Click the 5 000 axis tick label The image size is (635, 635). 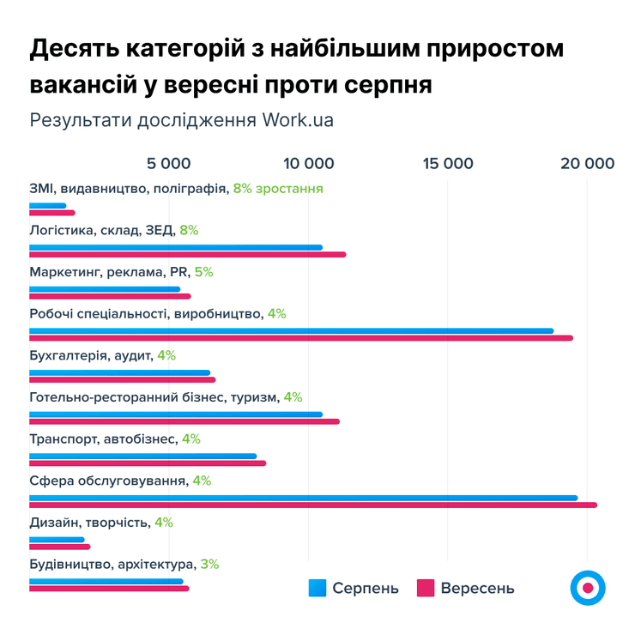coord(168,163)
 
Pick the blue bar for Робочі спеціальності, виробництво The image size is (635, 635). coord(291,330)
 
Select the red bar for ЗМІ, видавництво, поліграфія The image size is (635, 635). coord(51,213)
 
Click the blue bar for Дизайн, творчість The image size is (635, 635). coord(57,540)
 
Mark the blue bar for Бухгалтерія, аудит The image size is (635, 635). coord(119,372)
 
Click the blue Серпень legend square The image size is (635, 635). coord(317,588)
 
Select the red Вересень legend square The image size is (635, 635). coord(426,588)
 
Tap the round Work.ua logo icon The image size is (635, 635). coord(588,587)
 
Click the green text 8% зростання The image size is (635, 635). coord(277,188)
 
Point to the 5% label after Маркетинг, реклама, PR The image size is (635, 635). coord(203,272)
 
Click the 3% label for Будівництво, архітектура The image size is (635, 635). coord(209,565)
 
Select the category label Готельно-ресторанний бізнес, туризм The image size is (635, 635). coord(154,397)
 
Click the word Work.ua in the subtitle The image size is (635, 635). coord(297,120)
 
